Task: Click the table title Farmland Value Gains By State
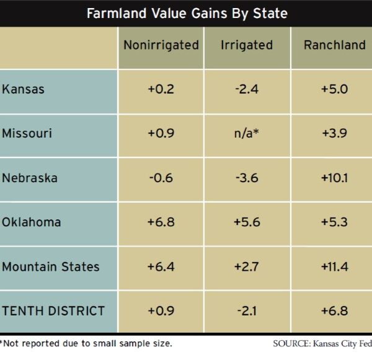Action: click(x=186, y=12)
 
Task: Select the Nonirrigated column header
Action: click(x=161, y=45)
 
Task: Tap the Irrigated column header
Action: click(x=246, y=45)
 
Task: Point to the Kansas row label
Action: click(x=24, y=89)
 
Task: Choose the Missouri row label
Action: click(x=27, y=133)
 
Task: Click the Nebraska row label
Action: click(x=30, y=178)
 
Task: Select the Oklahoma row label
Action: click(x=32, y=222)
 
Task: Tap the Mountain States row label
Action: click(x=51, y=266)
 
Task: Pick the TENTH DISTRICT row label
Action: click(x=53, y=310)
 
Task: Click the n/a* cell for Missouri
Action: click(x=246, y=133)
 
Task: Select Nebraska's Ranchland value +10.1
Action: click(x=334, y=178)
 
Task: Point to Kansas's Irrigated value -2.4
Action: click(x=246, y=89)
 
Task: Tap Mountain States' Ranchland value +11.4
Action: click(x=334, y=266)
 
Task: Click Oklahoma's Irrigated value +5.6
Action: click(x=246, y=222)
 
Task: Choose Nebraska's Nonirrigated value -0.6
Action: click(x=161, y=178)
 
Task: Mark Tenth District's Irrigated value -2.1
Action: click(x=246, y=310)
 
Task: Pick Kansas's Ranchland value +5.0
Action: click(x=334, y=89)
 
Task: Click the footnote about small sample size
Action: click(x=86, y=343)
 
